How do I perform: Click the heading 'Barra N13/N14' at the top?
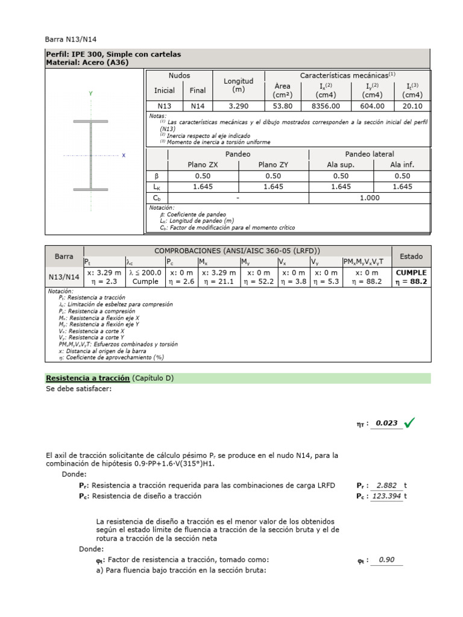coord(71,39)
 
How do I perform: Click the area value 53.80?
coord(282,106)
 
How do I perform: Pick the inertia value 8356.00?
coord(326,106)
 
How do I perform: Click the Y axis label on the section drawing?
coord(90,94)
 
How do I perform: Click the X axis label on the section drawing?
coord(124,155)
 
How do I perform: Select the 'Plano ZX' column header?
coord(204,164)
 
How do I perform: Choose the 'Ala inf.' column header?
coord(402,164)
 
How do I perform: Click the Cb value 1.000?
coord(370,198)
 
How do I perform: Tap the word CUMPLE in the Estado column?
coord(411,273)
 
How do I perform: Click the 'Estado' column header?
coord(411,256)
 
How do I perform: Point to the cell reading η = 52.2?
coord(257,281)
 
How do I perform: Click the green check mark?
coord(410,423)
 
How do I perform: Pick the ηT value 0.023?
coord(386,423)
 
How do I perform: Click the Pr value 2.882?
coord(386,485)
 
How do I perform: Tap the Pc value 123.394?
coord(386,496)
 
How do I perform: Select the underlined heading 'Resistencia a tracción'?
coord(88,378)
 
